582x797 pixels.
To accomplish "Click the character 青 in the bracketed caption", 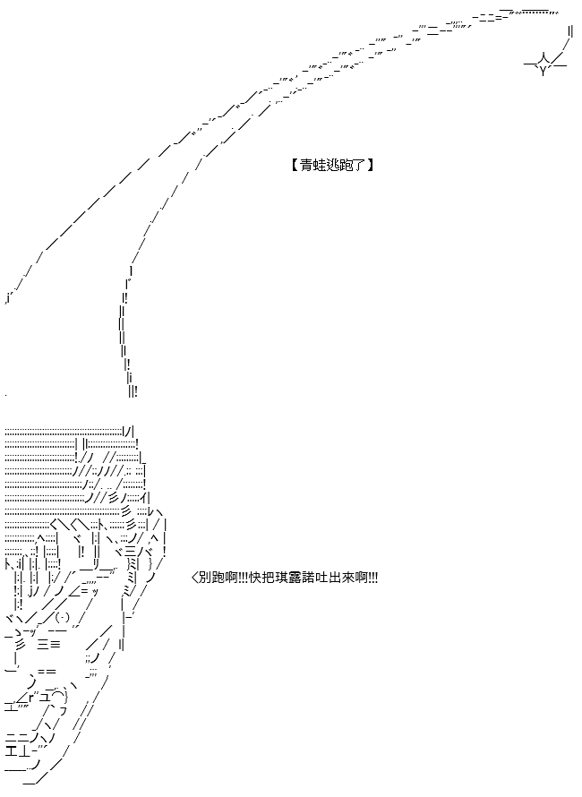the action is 306,166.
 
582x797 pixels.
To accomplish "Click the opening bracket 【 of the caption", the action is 295,166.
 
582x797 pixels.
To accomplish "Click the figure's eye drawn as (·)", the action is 62,619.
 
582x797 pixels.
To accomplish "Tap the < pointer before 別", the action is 194,578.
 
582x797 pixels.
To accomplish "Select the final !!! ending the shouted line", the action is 373,578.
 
